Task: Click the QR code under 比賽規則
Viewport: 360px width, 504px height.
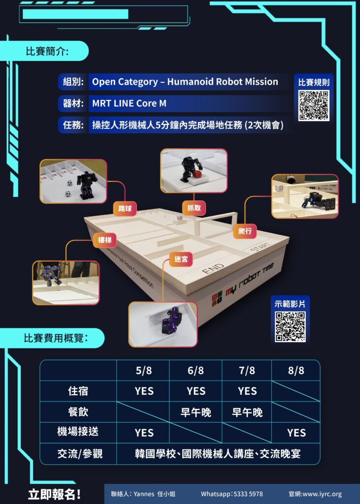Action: [314, 105]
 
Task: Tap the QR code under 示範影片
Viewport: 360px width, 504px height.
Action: [290, 326]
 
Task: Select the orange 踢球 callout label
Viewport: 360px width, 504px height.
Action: [125, 209]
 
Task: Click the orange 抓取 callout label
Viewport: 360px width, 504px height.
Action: [194, 208]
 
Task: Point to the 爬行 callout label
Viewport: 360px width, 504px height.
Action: [245, 231]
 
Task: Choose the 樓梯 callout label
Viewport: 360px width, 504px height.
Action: [104, 240]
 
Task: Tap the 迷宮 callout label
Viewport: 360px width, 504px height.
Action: [181, 259]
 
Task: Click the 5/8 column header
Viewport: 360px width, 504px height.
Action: [143, 370]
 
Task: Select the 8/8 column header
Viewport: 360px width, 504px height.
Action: [296, 370]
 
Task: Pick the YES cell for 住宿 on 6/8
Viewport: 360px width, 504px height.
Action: [196, 391]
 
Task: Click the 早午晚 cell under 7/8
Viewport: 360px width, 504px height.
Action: [247, 412]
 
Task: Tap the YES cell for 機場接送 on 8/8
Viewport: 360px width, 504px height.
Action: [296, 433]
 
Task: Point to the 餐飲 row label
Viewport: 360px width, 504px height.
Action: [78, 411]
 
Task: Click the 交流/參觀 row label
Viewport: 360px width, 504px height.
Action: [80, 453]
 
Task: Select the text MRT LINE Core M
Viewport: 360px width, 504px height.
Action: [130, 103]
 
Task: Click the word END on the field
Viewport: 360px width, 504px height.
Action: [213, 268]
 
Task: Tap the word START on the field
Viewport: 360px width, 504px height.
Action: [261, 247]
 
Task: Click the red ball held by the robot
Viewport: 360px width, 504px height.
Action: [197, 174]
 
